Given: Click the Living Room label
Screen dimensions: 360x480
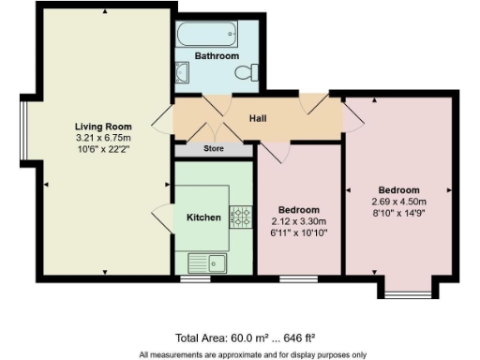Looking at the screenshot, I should click(x=103, y=127).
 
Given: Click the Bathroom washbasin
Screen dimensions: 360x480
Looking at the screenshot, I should click(x=184, y=72).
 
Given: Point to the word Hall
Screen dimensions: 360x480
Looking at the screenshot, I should click(x=259, y=119).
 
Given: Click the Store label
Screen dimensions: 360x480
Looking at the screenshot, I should click(x=213, y=148).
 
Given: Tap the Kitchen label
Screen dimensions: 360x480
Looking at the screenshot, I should click(x=203, y=217).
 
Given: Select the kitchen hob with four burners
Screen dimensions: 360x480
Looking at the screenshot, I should click(x=241, y=217).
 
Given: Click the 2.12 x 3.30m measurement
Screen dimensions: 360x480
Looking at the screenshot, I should click(x=300, y=221).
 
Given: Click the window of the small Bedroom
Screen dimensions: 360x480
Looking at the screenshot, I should click(x=299, y=279).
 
